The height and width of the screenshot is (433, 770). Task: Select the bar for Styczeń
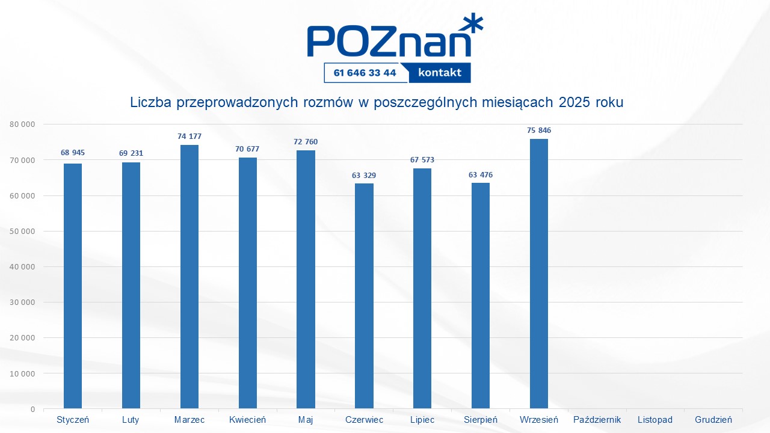tap(73, 286)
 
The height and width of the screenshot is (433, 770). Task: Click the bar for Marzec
tap(189, 277)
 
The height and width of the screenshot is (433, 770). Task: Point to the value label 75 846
tap(539, 131)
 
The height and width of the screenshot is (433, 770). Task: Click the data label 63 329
tap(364, 176)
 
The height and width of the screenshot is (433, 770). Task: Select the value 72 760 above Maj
tap(306, 142)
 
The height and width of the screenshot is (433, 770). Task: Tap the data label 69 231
tap(131, 153)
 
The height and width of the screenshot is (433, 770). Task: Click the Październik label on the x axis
tap(597, 420)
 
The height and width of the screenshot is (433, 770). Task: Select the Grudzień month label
tap(713, 420)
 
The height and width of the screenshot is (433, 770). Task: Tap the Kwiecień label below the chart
tap(247, 420)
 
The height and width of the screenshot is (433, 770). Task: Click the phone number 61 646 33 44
tap(365, 73)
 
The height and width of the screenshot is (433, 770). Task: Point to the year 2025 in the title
tap(575, 102)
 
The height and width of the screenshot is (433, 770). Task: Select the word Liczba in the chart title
tap(150, 102)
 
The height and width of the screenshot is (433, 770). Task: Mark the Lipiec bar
tap(422, 289)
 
